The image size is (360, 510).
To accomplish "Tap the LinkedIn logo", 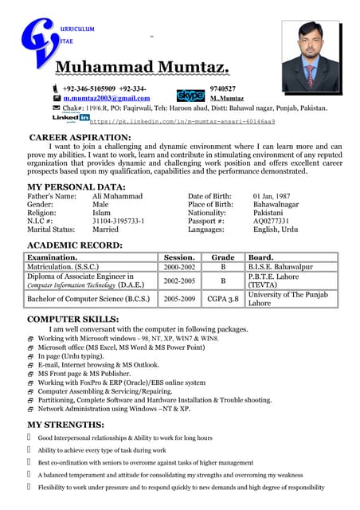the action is click(71, 118).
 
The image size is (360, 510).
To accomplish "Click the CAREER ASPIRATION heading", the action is click(80, 138).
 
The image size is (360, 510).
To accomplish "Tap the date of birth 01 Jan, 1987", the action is click(272, 196).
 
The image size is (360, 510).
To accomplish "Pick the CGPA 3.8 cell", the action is click(223, 299).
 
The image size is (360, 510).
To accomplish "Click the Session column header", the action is click(179, 257).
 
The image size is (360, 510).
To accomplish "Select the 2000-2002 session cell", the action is click(179, 267).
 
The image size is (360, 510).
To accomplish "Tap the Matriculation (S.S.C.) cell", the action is click(65, 267).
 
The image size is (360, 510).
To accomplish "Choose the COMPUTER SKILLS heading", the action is click(74, 319).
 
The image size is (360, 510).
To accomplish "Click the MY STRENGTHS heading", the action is click(65, 424).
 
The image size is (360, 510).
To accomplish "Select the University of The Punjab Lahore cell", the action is click(291, 299).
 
